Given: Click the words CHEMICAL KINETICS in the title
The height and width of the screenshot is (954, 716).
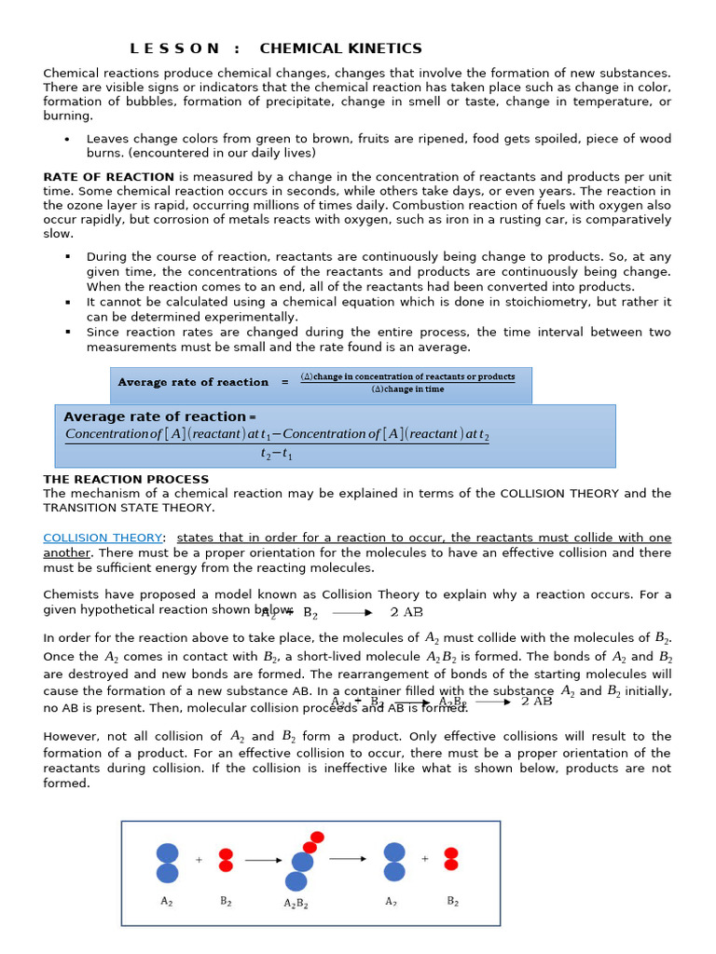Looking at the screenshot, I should (340, 48).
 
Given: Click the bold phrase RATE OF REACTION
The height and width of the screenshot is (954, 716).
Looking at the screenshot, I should (108, 177).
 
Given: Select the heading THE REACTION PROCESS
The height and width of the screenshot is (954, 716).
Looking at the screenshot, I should (126, 479).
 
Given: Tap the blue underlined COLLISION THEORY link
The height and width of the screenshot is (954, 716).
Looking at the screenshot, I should (103, 538).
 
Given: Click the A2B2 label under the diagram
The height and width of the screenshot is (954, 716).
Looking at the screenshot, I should (296, 904).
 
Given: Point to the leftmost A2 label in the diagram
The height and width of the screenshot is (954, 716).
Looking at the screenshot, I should (167, 901).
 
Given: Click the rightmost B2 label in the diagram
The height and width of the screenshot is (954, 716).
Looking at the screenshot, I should (452, 901).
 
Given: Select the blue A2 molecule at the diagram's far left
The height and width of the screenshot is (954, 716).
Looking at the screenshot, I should (167, 863).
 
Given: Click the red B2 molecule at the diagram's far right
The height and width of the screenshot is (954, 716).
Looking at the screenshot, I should (451, 859).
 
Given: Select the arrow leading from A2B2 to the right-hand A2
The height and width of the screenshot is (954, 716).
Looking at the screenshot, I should (348, 859).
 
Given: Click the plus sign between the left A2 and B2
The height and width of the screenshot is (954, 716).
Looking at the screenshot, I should (199, 861).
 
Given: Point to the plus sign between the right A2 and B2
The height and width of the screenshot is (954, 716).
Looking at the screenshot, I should (425, 859).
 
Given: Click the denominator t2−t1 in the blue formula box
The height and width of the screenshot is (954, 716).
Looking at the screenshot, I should (277, 455).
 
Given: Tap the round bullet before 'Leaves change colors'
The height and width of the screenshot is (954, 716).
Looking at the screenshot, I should (67, 140).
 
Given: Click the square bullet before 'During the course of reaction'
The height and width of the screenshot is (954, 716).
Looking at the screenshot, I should (68, 257).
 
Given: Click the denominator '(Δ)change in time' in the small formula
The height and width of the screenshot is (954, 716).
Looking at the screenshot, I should (407, 389).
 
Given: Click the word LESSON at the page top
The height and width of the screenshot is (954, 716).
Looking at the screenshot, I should (174, 48).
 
